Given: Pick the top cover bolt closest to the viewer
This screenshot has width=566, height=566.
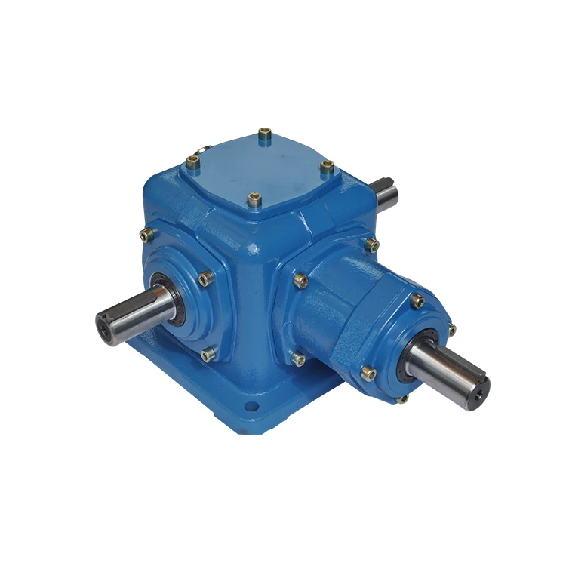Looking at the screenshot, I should pos(254,200).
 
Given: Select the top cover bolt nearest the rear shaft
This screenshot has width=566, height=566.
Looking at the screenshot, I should pos(327,167).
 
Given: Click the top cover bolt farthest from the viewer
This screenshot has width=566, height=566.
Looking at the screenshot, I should pos(265,136).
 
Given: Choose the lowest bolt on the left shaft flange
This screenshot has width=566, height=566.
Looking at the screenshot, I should pos(208,353).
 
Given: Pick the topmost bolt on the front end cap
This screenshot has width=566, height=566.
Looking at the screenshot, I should pos(417,302).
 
